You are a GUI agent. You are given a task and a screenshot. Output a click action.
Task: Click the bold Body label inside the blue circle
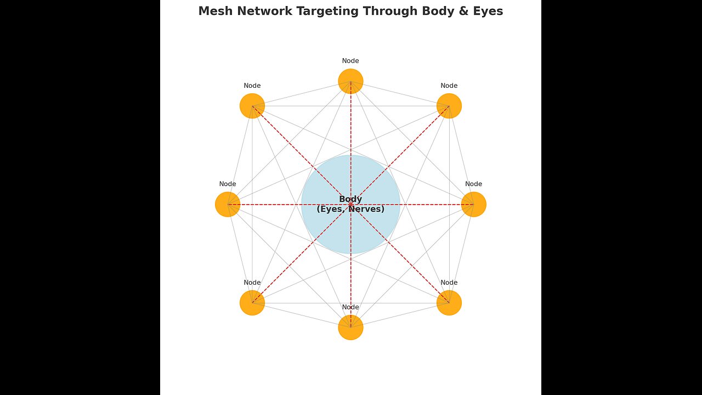coord(350,199)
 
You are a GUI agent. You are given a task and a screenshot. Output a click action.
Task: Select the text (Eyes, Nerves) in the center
coord(350,209)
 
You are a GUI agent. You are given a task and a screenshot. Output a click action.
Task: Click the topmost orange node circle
coord(350,81)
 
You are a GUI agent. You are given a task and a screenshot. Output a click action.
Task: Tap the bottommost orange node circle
coord(350,328)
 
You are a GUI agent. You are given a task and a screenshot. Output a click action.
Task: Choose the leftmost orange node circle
coord(228,204)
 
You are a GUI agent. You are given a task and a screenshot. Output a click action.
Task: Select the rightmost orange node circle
coord(474,204)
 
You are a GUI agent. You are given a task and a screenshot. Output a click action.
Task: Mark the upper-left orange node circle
coord(252,106)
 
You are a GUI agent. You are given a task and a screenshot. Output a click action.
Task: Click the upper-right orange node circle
coord(449,106)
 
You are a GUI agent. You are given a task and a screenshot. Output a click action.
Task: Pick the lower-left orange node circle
coord(252,303)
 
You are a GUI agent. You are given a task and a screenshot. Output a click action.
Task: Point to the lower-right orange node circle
coord(449,303)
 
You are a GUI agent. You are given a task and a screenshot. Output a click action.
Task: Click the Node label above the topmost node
coord(350,61)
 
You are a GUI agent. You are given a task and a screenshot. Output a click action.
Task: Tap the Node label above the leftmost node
coord(228,184)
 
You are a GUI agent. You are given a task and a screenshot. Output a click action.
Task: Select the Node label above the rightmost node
coord(474,184)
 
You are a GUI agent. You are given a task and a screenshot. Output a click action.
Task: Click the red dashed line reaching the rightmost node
coord(428,205)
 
